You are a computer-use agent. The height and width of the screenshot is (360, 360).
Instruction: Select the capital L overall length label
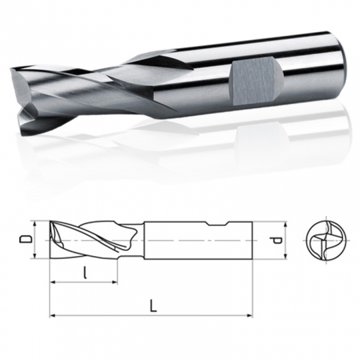(x=153, y=306)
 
